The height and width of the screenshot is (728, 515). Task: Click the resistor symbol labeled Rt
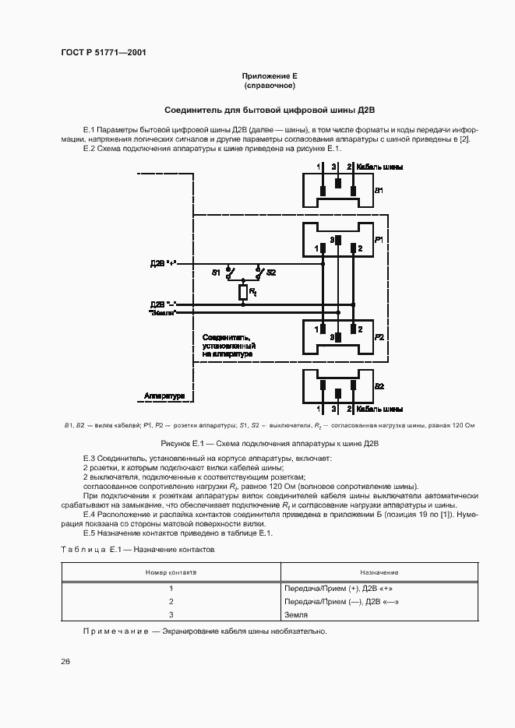pos(242,292)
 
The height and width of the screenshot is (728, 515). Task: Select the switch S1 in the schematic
pos(229,273)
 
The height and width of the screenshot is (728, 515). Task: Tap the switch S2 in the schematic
pos(259,273)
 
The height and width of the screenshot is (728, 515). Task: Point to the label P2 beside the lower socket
pos(379,336)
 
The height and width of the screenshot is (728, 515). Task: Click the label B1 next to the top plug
pos(379,190)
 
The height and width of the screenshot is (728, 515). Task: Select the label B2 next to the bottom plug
pos(379,386)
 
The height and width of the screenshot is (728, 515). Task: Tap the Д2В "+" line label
pos(164,264)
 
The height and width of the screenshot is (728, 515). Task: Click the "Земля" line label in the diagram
pos(163,313)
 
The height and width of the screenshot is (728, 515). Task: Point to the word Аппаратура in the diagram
pos(164,396)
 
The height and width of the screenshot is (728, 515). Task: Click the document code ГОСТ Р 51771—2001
pos(103,53)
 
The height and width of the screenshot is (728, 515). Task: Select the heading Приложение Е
pos(270,76)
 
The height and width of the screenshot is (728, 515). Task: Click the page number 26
pos(65,661)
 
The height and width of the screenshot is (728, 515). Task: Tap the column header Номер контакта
pos(171,572)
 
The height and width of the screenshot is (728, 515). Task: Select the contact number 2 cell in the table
pos(170,601)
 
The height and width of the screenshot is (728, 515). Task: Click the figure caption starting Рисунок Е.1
pos(269,443)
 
